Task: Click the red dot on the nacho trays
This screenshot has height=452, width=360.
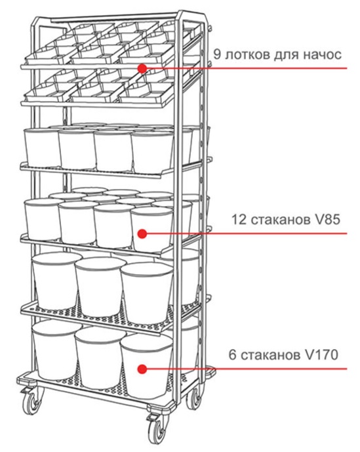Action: [x=142, y=69]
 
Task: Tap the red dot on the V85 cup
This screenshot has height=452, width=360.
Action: [x=142, y=234]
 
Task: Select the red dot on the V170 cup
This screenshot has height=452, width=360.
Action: [x=142, y=369]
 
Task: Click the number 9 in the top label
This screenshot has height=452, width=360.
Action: [x=217, y=54]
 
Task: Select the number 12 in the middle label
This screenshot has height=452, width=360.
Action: [x=239, y=220]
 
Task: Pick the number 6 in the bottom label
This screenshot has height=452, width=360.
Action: [x=232, y=355]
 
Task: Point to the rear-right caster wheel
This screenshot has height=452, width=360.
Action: [x=194, y=398]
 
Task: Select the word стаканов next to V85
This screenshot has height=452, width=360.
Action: [x=279, y=220]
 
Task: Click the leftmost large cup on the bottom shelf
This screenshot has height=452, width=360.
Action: [x=56, y=350]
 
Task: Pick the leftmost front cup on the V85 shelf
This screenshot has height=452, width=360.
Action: [x=43, y=219]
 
